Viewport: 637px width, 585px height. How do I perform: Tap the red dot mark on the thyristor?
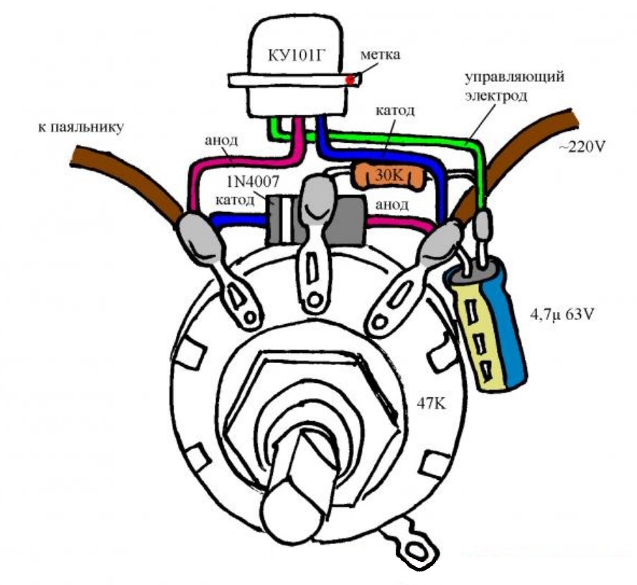point(350,80)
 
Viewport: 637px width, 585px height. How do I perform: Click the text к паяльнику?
point(80,129)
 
